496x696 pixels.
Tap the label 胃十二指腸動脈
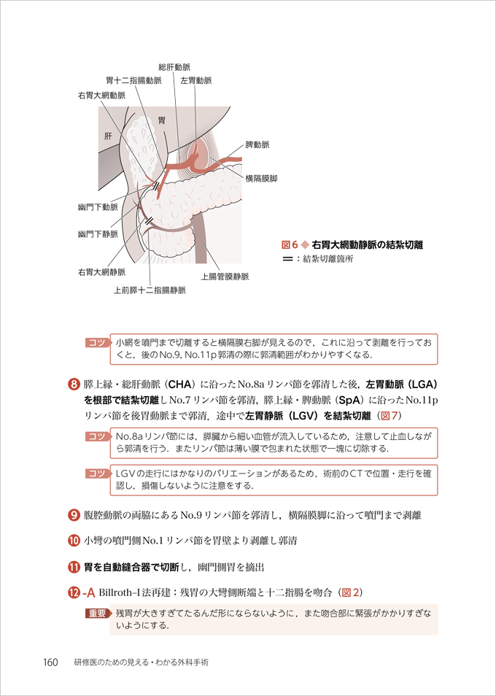[133, 81]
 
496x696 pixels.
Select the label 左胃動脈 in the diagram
[196, 81]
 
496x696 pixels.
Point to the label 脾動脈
[257, 145]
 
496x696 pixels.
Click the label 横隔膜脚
[261, 178]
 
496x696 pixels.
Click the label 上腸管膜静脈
[225, 277]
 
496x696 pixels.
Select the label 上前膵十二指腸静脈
[150, 290]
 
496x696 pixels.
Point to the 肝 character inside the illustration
[109, 136]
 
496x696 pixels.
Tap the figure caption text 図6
[290, 245]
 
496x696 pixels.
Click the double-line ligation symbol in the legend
[287, 258]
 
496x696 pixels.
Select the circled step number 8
[74, 382]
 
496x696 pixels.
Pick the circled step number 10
[74, 541]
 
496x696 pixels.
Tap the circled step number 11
[74, 565]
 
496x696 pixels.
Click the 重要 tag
[96, 613]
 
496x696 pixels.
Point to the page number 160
[50, 662]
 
